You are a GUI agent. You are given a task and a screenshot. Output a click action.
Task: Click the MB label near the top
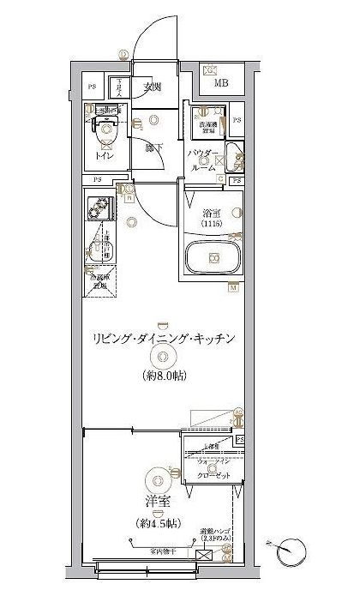221,82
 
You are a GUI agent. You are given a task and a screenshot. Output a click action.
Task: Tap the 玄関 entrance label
153,87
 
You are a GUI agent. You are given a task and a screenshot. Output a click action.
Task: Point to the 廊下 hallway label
154,147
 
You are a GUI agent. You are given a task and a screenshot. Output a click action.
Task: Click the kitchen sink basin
97,250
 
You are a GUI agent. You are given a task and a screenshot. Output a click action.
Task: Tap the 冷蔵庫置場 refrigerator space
99,282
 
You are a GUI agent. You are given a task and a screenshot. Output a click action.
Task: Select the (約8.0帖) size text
164,376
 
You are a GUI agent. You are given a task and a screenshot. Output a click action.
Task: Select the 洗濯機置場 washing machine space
209,125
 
